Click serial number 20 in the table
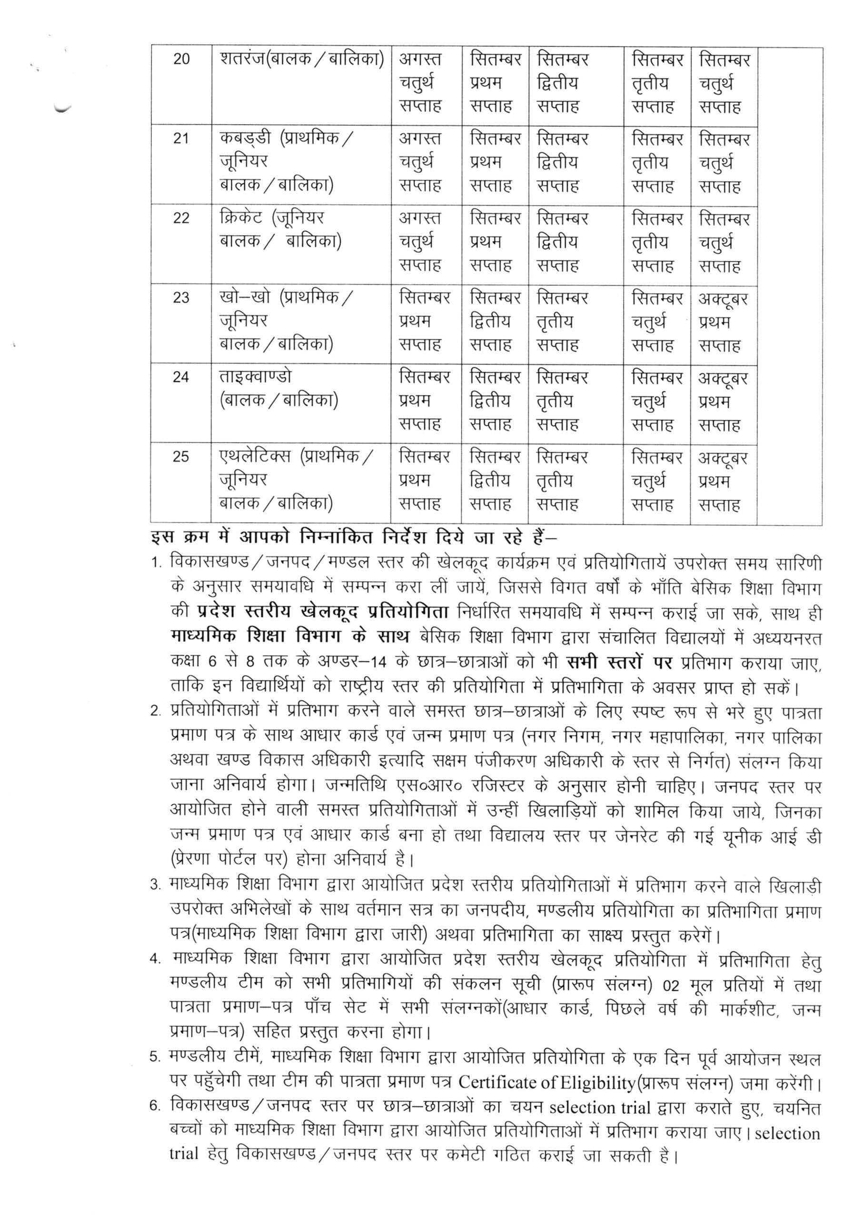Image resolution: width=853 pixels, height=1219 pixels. (x=181, y=59)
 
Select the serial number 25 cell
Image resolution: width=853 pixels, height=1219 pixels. (x=181, y=457)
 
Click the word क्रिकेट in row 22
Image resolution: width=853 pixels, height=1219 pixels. (x=240, y=218)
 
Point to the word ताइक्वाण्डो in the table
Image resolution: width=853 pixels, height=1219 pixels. (x=255, y=377)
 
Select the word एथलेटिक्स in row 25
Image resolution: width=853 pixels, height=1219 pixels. (x=255, y=457)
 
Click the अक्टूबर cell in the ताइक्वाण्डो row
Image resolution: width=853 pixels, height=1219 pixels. (x=723, y=378)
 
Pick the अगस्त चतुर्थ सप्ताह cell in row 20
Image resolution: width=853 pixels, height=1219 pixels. (x=420, y=83)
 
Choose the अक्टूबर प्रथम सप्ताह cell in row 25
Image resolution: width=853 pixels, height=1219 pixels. (x=723, y=481)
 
